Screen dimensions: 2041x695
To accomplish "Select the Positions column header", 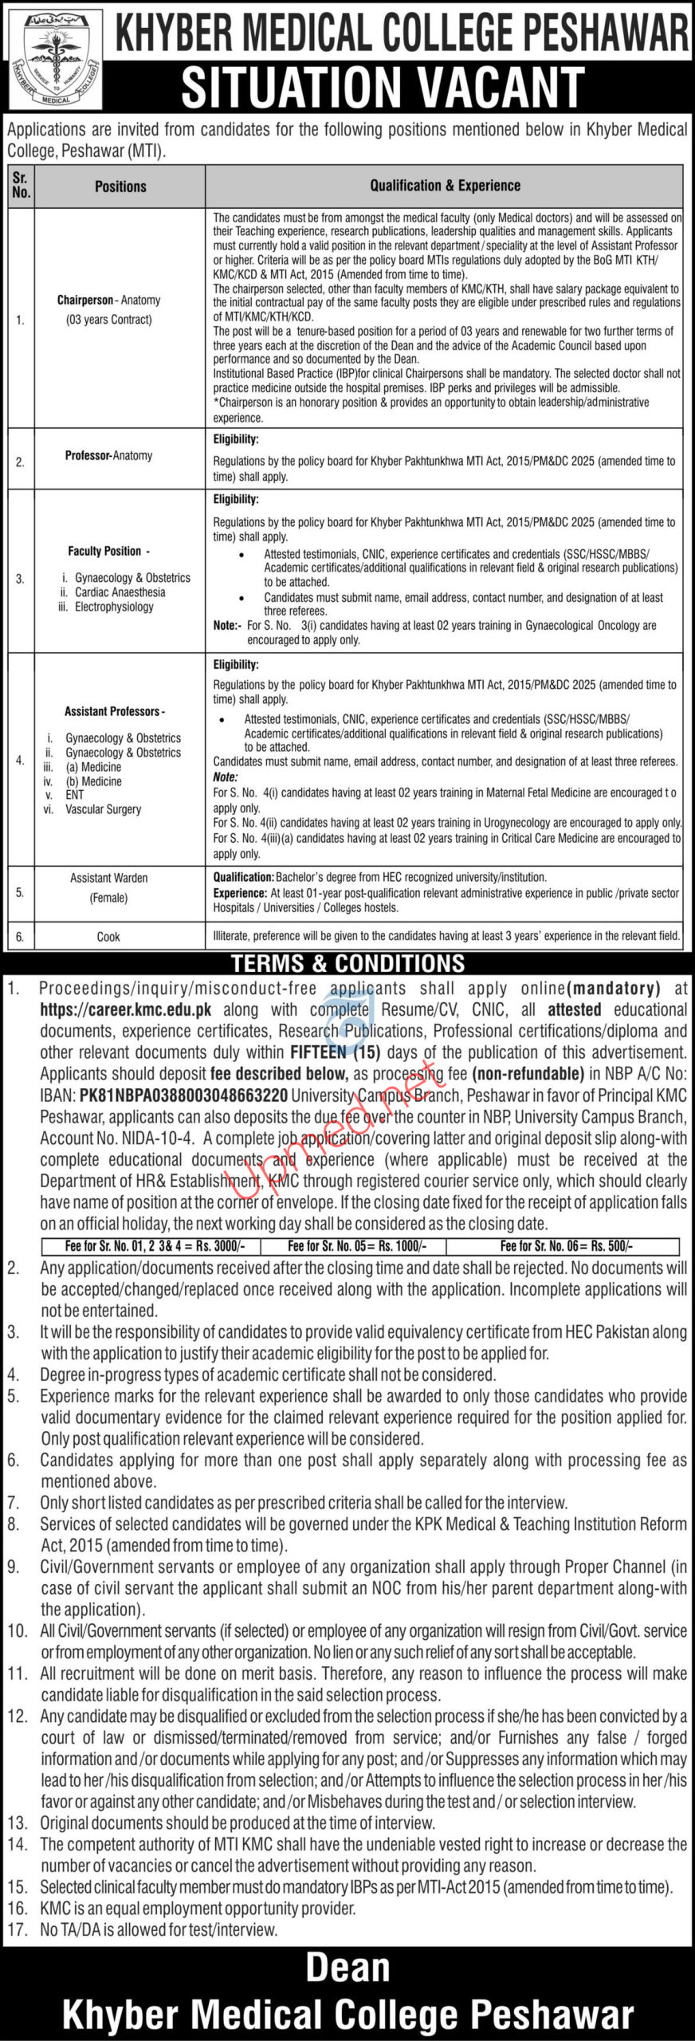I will coord(120,187).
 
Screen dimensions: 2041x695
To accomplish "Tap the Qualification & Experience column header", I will coord(445,186).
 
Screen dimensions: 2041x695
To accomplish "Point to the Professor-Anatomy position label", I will coord(108,455).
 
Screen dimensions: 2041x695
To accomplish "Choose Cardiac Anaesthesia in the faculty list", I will coord(120,592).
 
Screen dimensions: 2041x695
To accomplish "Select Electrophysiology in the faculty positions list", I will coord(114,607).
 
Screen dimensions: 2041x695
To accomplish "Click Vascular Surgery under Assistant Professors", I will coord(103,809).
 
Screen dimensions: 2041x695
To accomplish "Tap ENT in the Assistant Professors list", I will coord(75,795).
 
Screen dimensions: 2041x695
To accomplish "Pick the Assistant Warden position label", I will coord(108,878).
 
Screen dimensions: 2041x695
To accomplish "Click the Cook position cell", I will coord(108,937).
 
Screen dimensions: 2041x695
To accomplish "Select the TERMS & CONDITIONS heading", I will coord(347,963).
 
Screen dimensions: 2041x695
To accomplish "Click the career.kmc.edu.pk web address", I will coord(126,1010).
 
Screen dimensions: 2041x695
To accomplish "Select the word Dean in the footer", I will coord(347,1968).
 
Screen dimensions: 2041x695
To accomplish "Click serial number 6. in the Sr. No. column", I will coord(20,937).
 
